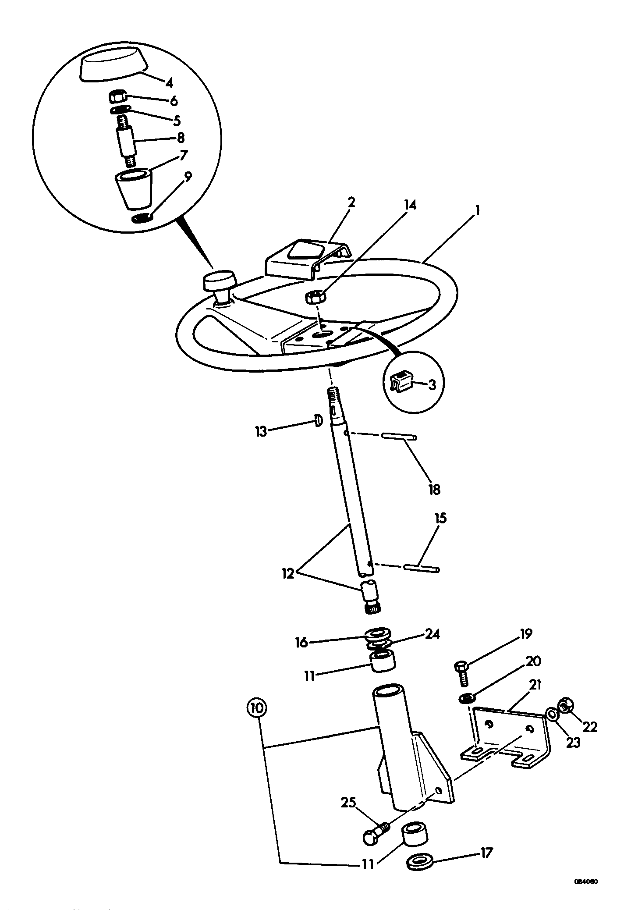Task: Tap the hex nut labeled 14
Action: pos(314,297)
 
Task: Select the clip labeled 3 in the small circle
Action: pos(401,384)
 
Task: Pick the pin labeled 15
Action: pos(421,569)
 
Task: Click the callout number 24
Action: pos(432,634)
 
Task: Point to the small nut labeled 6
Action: pos(117,96)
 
